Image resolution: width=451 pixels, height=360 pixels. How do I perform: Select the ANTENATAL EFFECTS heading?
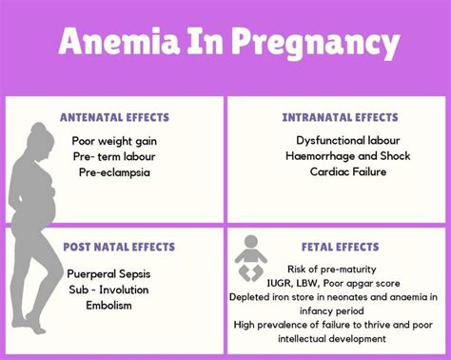(114, 118)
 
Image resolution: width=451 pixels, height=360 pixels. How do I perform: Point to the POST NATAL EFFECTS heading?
(120, 247)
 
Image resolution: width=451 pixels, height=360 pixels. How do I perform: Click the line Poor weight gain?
(115, 141)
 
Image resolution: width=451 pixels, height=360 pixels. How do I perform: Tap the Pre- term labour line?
(115, 156)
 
